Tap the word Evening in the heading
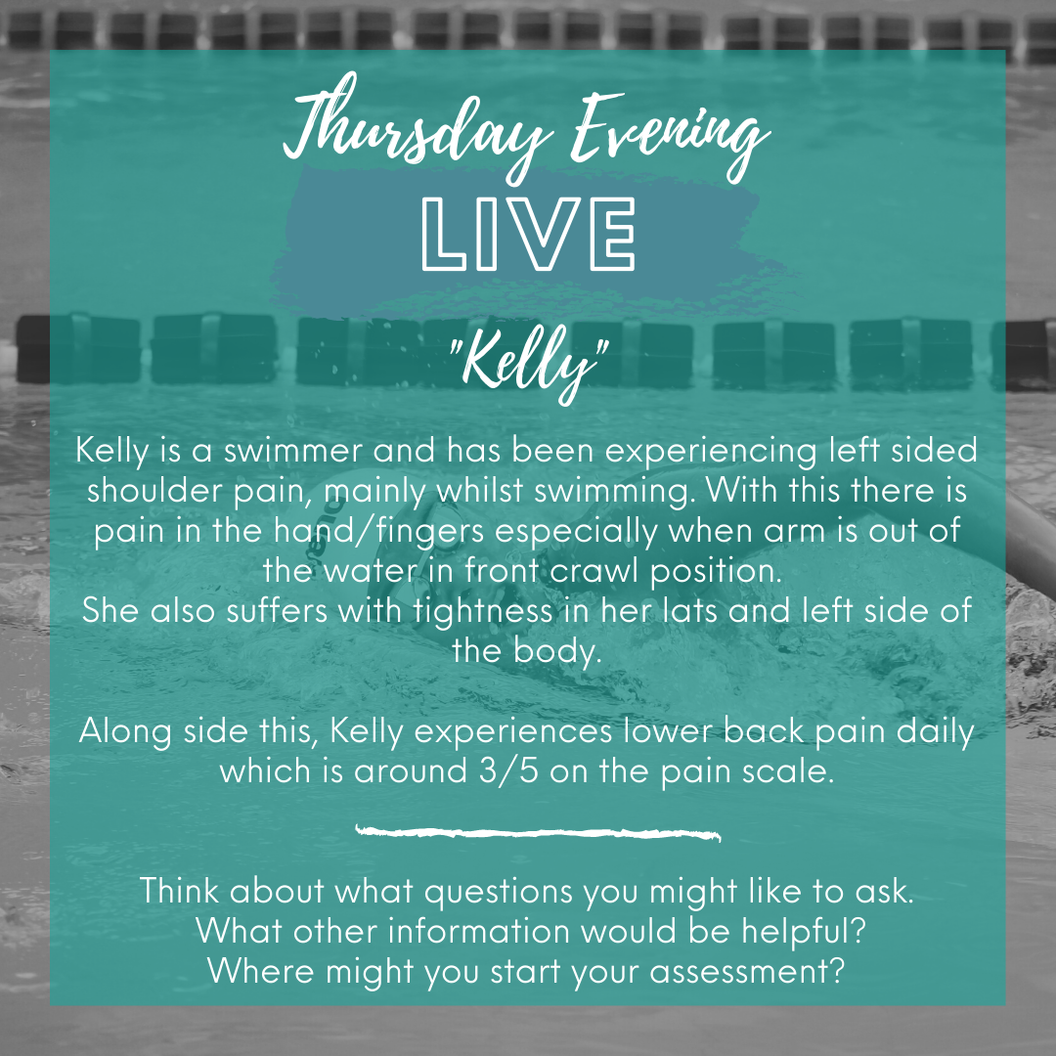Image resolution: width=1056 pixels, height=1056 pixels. coord(670,135)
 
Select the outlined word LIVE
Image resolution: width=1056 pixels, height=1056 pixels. coord(528,235)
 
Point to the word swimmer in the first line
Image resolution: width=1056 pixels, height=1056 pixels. coord(293,451)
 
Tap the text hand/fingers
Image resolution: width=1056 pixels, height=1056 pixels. coord(378,532)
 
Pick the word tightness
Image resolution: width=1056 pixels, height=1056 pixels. coord(483,611)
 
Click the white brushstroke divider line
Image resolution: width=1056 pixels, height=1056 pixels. coord(538,833)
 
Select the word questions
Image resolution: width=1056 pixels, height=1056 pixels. coord(499,893)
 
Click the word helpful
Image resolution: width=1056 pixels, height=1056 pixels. coord(798,932)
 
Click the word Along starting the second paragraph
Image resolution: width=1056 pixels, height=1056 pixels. coord(124,732)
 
